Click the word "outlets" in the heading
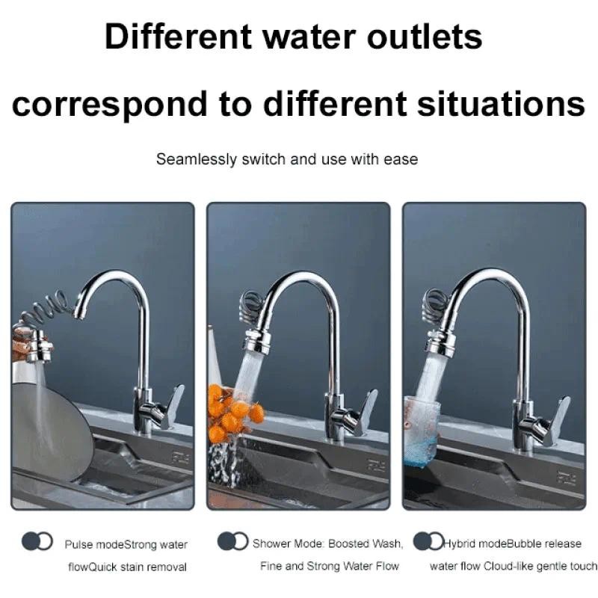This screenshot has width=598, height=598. [425, 37]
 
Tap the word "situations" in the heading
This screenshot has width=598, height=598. [501, 103]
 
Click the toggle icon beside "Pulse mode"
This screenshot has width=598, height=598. [37, 541]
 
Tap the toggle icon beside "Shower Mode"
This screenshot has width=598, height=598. [232, 540]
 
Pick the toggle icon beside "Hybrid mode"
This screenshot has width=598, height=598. [428, 540]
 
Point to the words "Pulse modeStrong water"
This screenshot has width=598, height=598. [126, 544]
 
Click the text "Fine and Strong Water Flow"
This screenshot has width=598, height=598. [330, 566]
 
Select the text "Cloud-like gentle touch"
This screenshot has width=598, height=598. [540, 567]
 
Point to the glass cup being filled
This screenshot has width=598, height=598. [422, 433]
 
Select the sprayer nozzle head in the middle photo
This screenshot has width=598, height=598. [257, 342]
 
